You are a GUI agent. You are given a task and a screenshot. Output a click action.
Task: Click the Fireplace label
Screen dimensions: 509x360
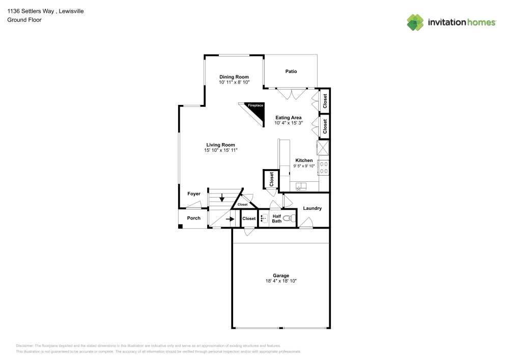coord(256,105)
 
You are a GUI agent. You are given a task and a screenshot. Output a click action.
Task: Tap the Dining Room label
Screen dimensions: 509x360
coord(234,77)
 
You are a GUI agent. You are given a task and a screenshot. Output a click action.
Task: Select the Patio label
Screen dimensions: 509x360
coord(291,71)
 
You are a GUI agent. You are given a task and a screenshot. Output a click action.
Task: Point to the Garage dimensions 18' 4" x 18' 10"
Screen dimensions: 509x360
coord(281,281)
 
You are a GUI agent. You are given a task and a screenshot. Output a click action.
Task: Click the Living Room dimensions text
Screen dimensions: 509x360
coord(221,150)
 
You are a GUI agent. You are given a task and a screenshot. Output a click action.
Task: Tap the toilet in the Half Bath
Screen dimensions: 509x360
coord(287,218)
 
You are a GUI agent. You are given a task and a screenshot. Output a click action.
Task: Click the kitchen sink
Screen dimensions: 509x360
coord(301,186)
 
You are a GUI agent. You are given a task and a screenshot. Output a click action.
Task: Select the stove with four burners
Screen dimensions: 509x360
coord(324,168)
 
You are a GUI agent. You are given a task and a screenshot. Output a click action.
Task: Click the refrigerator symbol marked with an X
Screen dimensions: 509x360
coord(323,148)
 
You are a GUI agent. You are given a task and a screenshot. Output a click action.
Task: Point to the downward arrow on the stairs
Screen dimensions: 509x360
coord(222,198)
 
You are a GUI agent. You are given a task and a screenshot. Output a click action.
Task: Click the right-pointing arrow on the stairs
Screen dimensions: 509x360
coord(230,219)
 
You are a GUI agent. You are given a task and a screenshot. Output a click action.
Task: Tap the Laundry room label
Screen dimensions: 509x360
coord(313,208)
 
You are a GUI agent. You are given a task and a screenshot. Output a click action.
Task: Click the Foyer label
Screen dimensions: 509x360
coord(194,194)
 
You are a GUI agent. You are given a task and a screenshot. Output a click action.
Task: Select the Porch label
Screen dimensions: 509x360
coord(194,218)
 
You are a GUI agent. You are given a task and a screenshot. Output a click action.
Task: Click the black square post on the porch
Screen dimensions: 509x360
coord(181,226)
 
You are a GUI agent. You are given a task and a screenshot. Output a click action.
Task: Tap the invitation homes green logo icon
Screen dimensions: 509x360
coord(415,22)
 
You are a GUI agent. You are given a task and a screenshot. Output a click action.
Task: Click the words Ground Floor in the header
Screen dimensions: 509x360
coord(24,20)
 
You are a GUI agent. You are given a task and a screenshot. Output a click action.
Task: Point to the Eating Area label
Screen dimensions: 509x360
coord(289,118)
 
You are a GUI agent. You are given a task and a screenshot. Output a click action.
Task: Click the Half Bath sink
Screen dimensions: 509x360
coord(264,218)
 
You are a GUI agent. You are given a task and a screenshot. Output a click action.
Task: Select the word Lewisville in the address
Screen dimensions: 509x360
coord(71,11)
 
